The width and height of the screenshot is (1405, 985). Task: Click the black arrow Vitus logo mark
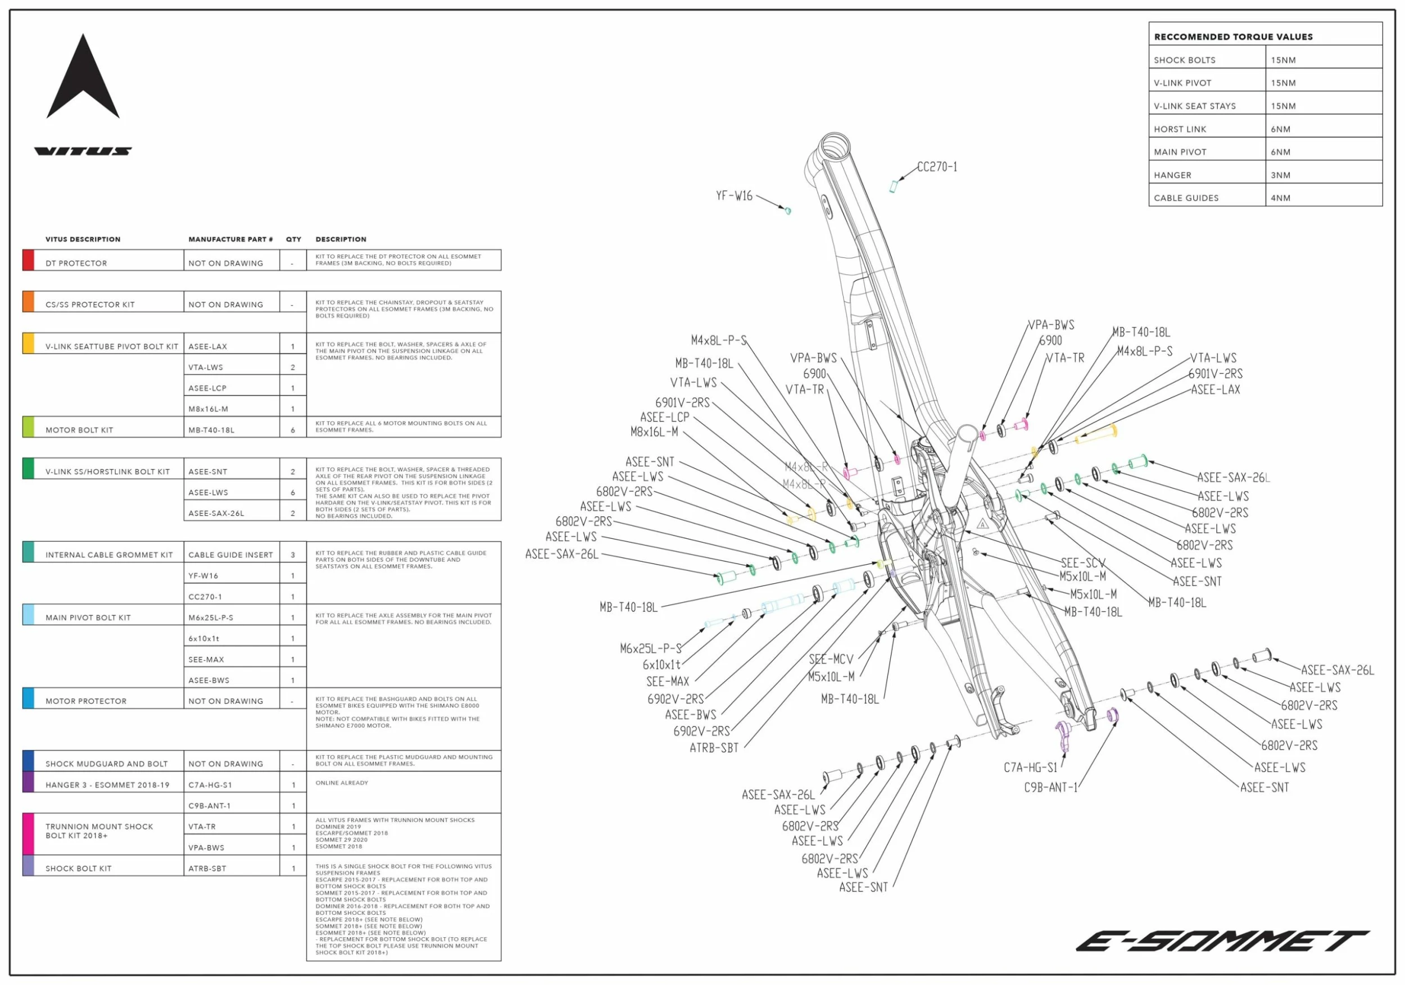[x=83, y=80]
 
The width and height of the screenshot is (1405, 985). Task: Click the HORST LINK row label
[x=1179, y=129]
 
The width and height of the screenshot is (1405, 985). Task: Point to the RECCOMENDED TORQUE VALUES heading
[x=1233, y=37]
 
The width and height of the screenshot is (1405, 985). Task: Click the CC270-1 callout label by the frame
[x=937, y=167]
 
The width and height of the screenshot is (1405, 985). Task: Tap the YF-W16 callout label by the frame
[x=734, y=196]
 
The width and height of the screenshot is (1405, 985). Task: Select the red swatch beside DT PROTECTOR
[x=28, y=260]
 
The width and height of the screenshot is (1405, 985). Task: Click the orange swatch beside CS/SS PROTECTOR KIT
[x=28, y=302]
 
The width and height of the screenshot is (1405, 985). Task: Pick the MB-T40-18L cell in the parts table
[x=211, y=430]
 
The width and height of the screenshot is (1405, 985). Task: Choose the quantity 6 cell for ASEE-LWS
[x=292, y=492]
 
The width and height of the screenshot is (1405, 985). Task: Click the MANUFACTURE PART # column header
[x=230, y=239]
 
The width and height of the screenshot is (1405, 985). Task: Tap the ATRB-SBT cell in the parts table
[x=207, y=868]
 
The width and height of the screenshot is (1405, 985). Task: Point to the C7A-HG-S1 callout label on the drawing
[x=1030, y=768]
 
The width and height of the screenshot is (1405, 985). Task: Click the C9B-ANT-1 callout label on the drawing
[x=1050, y=787]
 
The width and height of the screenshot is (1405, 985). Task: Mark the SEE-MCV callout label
[x=831, y=660]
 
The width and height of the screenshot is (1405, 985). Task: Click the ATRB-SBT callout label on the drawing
[x=714, y=748]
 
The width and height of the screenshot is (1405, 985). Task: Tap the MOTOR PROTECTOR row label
[x=85, y=701]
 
